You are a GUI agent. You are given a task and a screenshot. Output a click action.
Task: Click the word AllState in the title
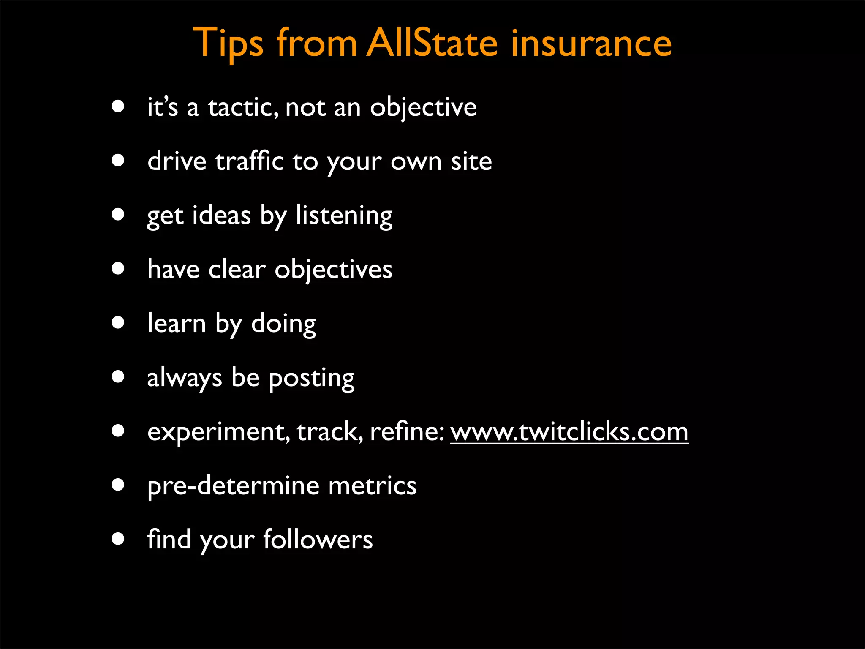[x=432, y=43]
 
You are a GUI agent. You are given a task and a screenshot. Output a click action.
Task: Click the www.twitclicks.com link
[x=569, y=432]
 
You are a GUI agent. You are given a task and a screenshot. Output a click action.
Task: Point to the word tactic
[x=243, y=107]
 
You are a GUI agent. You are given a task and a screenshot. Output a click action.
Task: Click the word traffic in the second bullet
[x=249, y=161]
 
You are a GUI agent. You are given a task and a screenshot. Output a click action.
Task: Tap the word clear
[x=237, y=270]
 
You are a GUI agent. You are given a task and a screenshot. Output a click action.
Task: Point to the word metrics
[x=372, y=486]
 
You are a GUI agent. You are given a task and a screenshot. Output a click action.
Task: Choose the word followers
[x=318, y=540]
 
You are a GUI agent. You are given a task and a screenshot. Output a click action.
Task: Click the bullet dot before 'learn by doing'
[x=118, y=323]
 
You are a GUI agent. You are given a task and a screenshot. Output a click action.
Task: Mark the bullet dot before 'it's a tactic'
[x=118, y=106]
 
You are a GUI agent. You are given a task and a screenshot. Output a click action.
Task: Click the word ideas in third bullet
[x=221, y=215]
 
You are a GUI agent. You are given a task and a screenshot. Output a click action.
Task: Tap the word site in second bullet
[x=471, y=161]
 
